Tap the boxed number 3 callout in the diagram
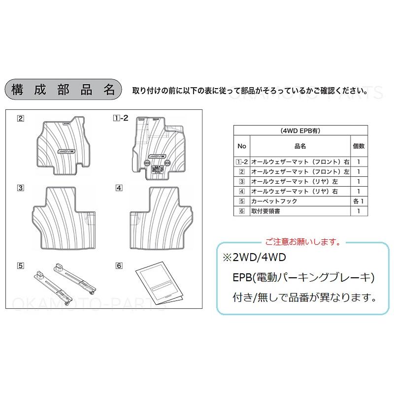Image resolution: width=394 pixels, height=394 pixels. [20, 188]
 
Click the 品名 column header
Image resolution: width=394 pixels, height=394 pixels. [300, 146]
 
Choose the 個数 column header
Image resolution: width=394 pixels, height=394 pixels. [359, 146]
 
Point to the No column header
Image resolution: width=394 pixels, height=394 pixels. [241, 146]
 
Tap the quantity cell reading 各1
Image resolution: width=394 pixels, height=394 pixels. [359, 201]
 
